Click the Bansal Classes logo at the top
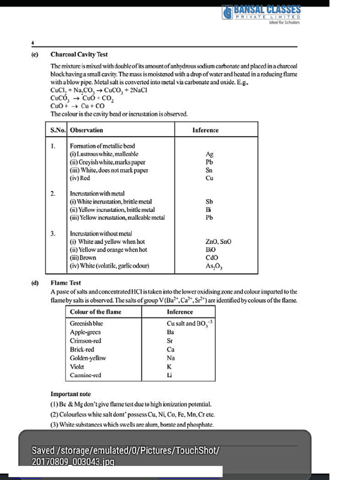coord(261,13)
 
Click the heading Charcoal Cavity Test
coord(79,54)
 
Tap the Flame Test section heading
coord(66,283)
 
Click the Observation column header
coord(86,130)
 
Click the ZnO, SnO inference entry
coord(218,241)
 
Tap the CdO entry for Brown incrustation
coord(212,257)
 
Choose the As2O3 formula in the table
coord(214,266)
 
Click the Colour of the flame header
coord(95,312)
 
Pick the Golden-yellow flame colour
coord(88,358)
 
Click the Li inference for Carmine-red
coord(170,375)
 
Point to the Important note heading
coord(70,394)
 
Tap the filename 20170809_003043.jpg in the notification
coord(73,462)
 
